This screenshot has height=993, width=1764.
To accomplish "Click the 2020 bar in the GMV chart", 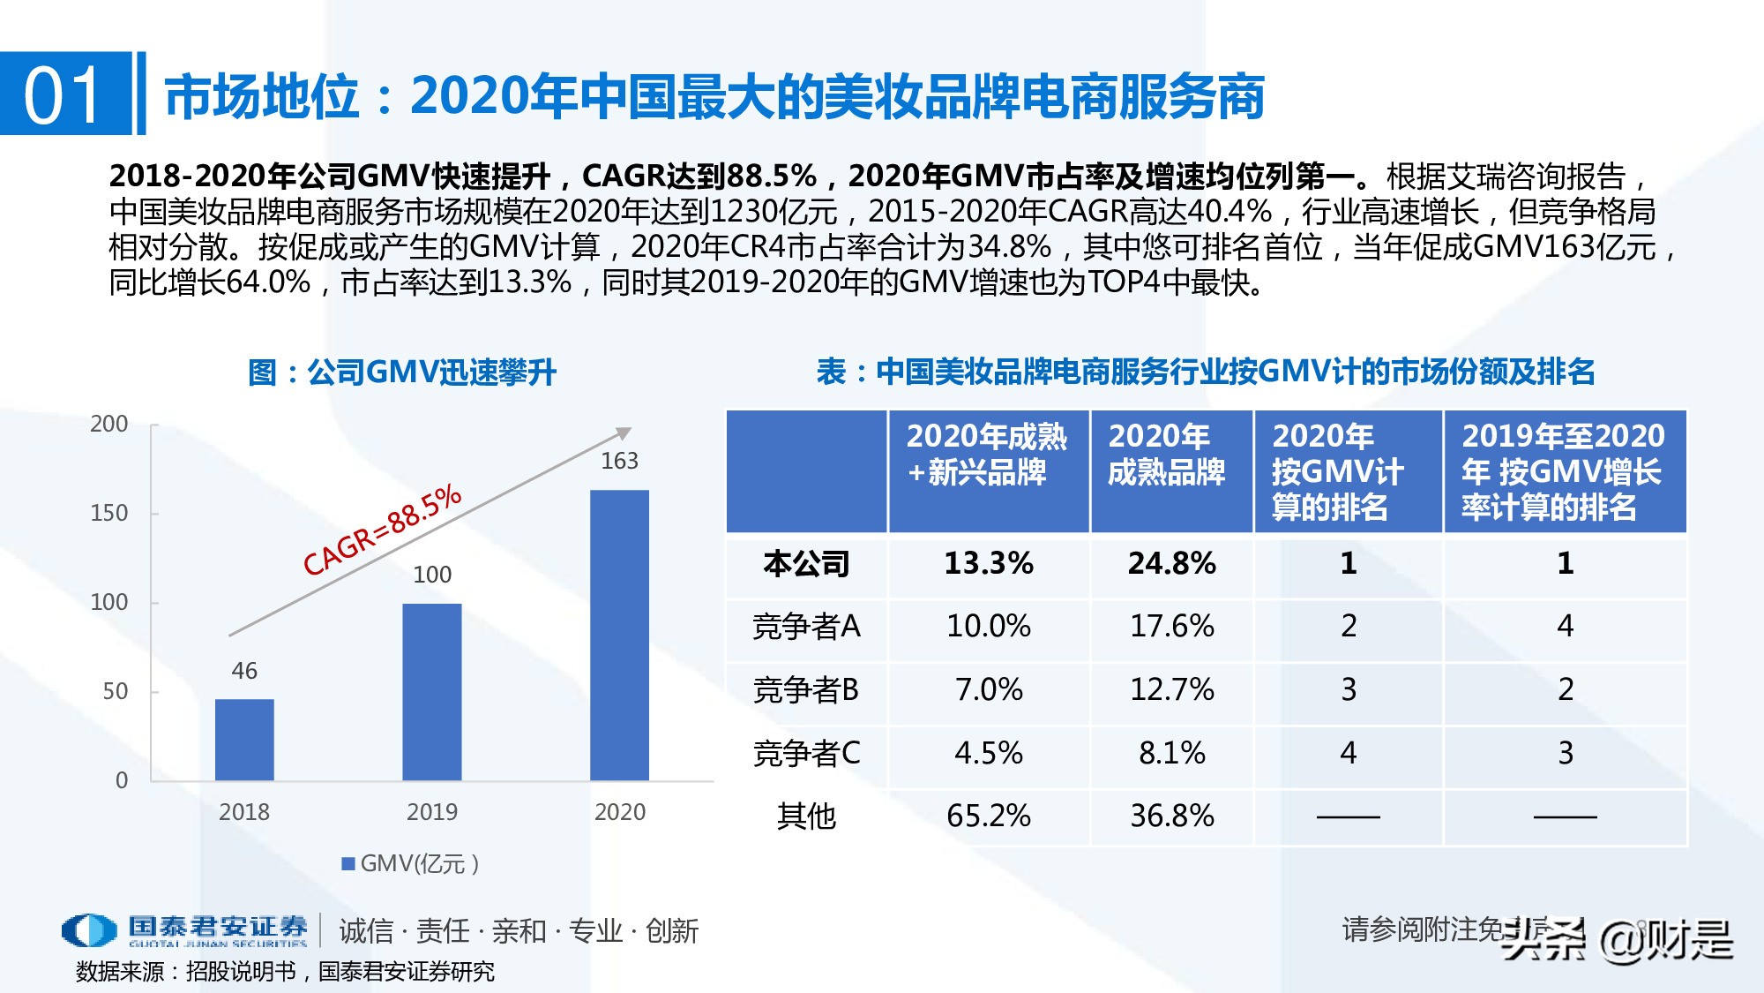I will (x=619, y=636).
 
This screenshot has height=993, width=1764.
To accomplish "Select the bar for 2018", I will (x=244, y=740).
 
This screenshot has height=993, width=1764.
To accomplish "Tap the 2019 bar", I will (x=432, y=692).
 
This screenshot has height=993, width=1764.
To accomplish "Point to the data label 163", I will (x=619, y=461).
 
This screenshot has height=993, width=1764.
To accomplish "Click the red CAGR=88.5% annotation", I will (x=382, y=530).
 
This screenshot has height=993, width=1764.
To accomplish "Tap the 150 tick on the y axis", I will (x=109, y=513).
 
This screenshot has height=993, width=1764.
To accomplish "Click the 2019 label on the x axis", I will (x=432, y=812).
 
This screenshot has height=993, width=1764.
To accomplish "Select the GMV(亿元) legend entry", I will (x=411, y=863).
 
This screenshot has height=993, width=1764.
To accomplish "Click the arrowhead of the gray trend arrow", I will (x=624, y=433).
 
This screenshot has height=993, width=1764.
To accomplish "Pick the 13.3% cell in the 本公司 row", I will (x=988, y=563).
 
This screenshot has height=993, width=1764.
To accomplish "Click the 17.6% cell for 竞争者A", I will (x=1171, y=626).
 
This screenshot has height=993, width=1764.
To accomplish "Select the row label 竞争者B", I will (x=805, y=689).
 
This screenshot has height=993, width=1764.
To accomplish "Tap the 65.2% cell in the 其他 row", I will (x=988, y=816).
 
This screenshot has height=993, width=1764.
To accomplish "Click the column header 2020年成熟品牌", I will (x=1166, y=455).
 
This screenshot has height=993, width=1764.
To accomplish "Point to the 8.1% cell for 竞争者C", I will (x=1171, y=753).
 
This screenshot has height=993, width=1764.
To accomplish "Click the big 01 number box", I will (x=64, y=94).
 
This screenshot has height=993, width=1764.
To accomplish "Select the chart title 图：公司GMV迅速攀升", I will (x=402, y=372).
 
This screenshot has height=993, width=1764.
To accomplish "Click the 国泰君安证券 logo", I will (x=185, y=929).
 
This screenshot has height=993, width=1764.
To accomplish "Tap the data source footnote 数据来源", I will (x=285, y=971).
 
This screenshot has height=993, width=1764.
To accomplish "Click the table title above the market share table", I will (x=1206, y=372).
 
